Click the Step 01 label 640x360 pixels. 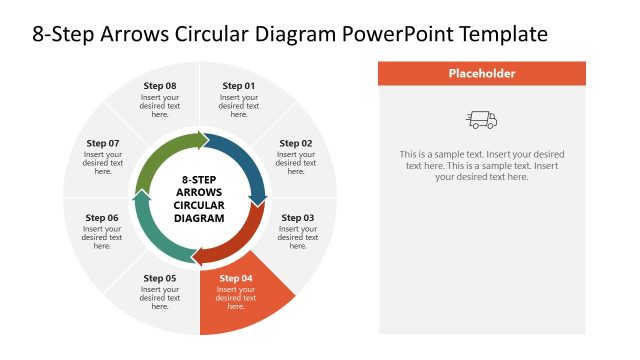(238, 86)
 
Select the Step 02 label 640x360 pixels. (295, 143)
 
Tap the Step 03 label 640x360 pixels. (297, 217)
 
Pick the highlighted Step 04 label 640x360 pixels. (236, 278)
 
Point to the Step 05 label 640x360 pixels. (160, 278)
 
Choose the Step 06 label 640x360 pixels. (102, 217)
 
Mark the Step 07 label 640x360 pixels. (102, 143)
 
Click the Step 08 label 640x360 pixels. (160, 86)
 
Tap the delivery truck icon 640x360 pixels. (482, 120)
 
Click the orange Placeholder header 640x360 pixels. (482, 73)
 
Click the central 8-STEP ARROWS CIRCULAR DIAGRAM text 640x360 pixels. (200, 198)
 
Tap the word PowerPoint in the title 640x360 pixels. (391, 34)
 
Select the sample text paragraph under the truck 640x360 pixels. (482, 165)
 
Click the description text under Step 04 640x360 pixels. (236, 297)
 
